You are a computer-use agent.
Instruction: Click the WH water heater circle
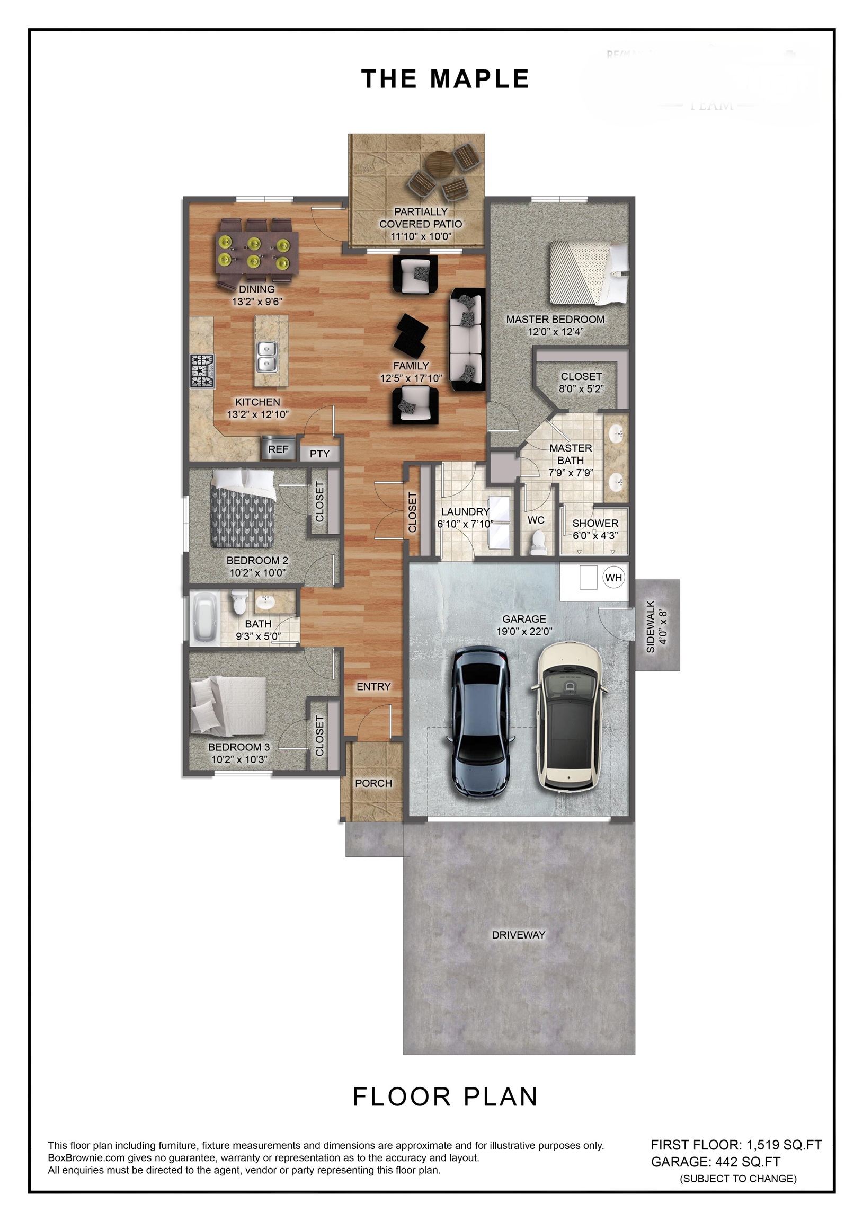coord(613,578)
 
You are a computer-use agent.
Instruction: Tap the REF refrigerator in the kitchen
coord(278,449)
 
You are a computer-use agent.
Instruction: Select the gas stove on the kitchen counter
coord(202,370)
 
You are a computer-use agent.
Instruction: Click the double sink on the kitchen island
coord(267,357)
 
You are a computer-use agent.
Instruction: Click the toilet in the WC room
coord(539,542)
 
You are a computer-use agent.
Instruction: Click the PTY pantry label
coord(319,454)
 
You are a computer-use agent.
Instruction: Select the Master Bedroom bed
coord(588,273)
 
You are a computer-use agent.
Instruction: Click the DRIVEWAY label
coord(519,935)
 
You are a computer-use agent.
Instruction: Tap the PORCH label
coord(373,783)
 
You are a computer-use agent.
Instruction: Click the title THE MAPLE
coord(445,79)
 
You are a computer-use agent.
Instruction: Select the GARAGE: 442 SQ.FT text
coord(716,1162)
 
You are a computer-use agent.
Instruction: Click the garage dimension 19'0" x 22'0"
coord(524,631)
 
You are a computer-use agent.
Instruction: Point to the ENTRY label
coord(373,686)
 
